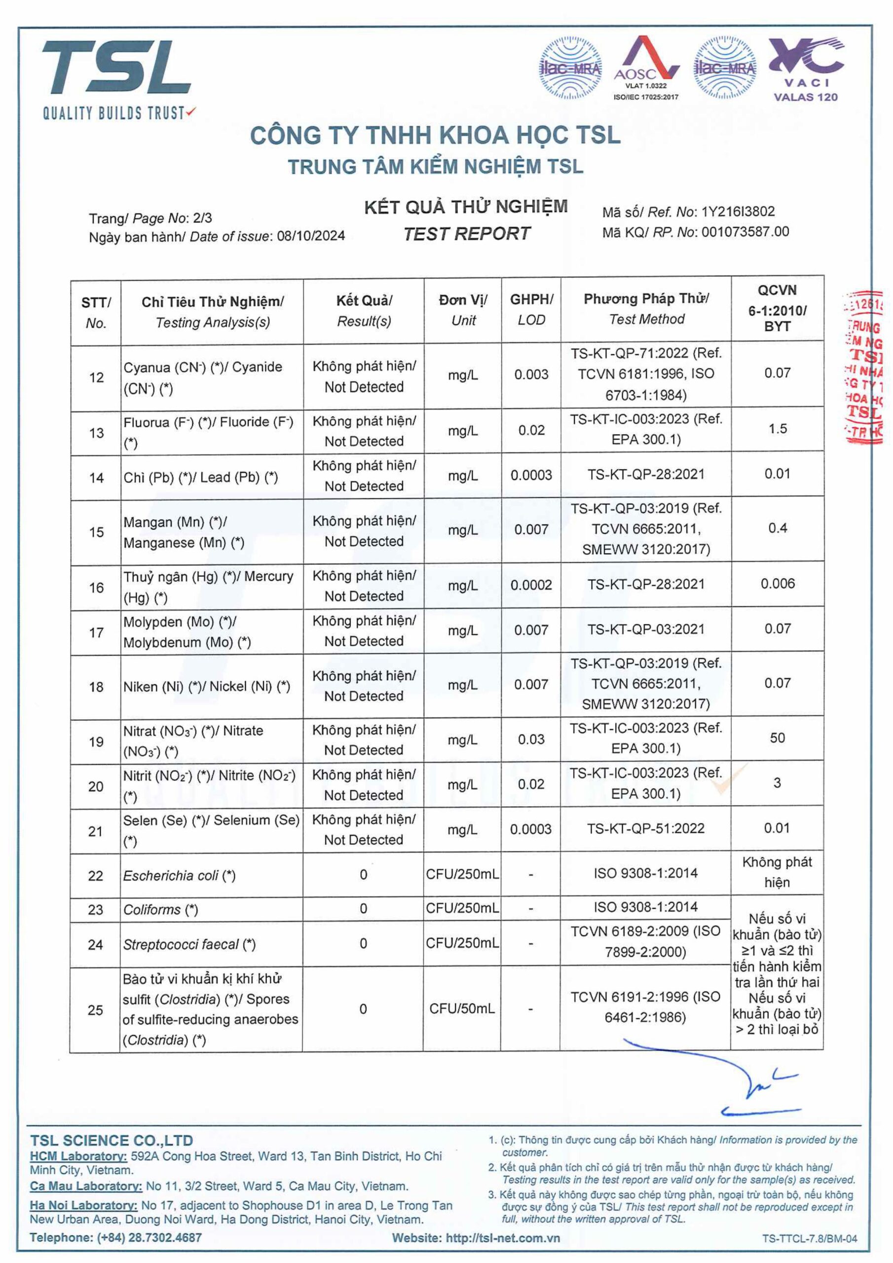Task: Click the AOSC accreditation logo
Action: point(646,67)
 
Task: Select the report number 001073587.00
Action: point(745,231)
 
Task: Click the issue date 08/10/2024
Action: point(311,236)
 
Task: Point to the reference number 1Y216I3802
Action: point(738,212)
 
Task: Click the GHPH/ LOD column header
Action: point(531,309)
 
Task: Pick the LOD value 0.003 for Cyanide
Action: point(531,374)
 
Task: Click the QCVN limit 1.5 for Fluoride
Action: point(777,429)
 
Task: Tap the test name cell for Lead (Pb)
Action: point(201,478)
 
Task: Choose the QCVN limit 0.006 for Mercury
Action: point(777,584)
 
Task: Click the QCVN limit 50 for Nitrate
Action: point(777,738)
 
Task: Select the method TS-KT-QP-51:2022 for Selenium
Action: point(645,828)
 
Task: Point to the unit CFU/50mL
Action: point(462,1008)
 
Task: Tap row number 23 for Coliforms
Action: point(95,909)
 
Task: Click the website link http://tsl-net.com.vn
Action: point(502,1238)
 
